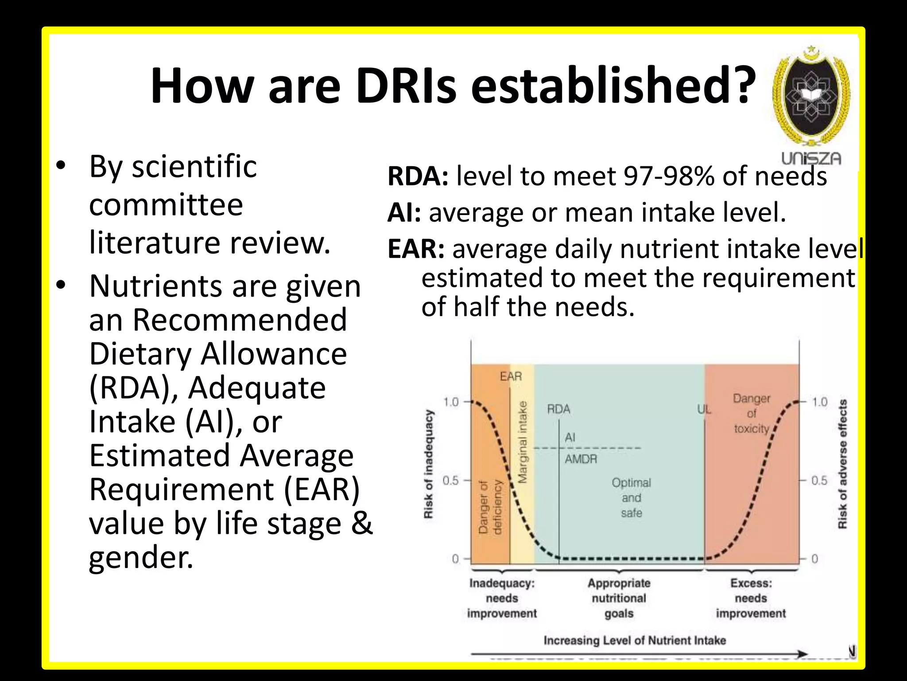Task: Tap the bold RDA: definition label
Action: tap(418, 176)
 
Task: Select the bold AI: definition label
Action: tap(404, 212)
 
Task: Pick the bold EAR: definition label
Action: tap(416, 249)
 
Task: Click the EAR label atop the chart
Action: tap(511, 376)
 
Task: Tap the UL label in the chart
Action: tap(704, 410)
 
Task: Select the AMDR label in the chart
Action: tap(581, 459)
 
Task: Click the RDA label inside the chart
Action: tap(558, 409)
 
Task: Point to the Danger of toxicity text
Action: tap(751, 414)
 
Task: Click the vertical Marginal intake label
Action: tap(523, 442)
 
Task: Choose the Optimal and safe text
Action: tap(631, 497)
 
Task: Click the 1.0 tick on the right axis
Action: tap(819, 402)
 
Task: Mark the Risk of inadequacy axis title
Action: tap(428, 464)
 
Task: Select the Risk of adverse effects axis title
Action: tap(842, 464)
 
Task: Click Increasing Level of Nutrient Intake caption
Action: tap(635, 640)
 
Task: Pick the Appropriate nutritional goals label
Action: tap(619, 598)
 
